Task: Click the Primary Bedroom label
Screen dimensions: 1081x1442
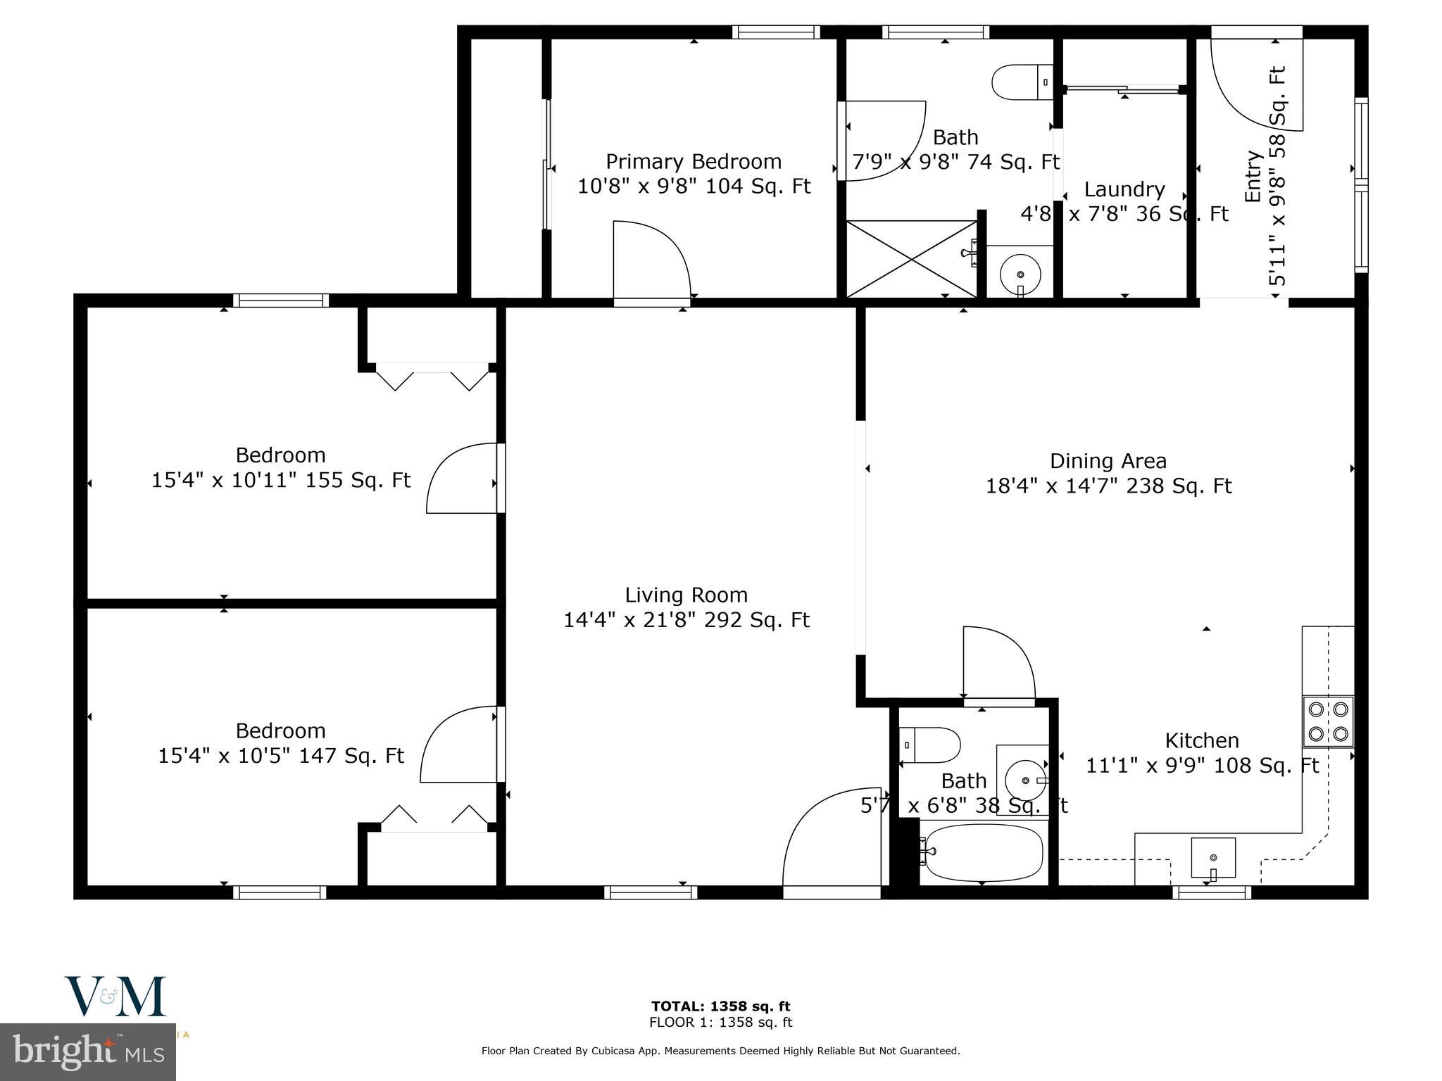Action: point(694,162)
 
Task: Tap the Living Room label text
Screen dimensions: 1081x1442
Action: point(686,595)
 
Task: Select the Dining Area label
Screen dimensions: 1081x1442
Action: point(1108,461)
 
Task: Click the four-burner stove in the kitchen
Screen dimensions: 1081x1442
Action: point(1328,721)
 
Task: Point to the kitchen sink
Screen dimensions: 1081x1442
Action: point(1212,858)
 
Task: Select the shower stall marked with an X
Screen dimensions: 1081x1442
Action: point(911,259)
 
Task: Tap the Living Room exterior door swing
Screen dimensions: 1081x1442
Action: point(831,841)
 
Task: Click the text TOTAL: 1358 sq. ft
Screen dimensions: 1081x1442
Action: point(720,1006)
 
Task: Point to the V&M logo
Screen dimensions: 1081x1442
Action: point(115,996)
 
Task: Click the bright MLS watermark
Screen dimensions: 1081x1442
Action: point(87,1052)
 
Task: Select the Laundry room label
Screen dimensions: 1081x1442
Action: point(1124,189)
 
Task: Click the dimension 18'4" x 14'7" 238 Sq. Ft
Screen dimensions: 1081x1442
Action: point(1108,486)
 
